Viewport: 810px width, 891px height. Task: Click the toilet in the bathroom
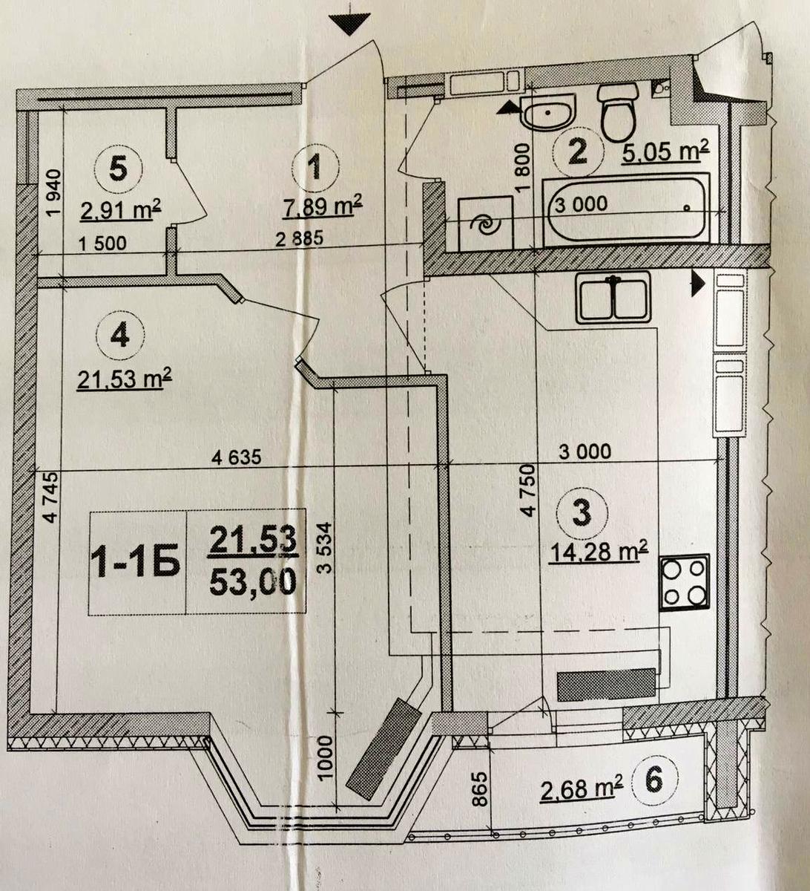(619, 111)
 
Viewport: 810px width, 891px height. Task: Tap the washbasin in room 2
(547, 113)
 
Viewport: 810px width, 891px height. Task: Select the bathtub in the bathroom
(626, 209)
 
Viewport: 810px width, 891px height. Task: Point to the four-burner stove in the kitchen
(685, 581)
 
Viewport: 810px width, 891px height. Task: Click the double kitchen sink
(613, 297)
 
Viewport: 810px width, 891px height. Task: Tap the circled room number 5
(118, 168)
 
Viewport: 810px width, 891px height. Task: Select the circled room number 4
(119, 336)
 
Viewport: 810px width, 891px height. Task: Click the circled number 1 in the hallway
(315, 168)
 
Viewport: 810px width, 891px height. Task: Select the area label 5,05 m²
(662, 152)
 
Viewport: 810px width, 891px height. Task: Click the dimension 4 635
(237, 458)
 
